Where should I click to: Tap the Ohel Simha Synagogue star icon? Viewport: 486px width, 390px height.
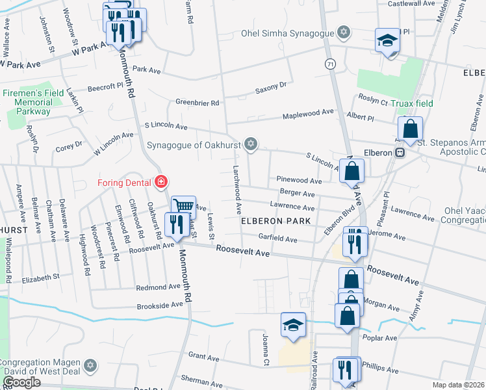pyautogui.click(x=344, y=32)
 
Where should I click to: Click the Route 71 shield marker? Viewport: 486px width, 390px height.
pyautogui.click(x=330, y=64)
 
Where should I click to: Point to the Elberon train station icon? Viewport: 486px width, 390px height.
pyautogui.click(x=401, y=152)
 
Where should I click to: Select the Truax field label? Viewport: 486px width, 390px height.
pyautogui.click(x=412, y=103)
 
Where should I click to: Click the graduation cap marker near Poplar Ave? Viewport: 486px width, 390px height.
pyautogui.click(x=293, y=323)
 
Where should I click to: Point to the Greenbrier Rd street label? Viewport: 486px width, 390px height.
pyautogui.click(x=198, y=103)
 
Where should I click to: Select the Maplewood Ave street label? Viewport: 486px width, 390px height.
pyautogui.click(x=307, y=114)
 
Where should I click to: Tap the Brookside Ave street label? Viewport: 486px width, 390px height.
pyautogui.click(x=160, y=305)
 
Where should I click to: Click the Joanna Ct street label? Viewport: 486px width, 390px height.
pyautogui.click(x=265, y=350)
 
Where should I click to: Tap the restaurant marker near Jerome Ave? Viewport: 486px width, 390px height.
pyautogui.click(x=355, y=242)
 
